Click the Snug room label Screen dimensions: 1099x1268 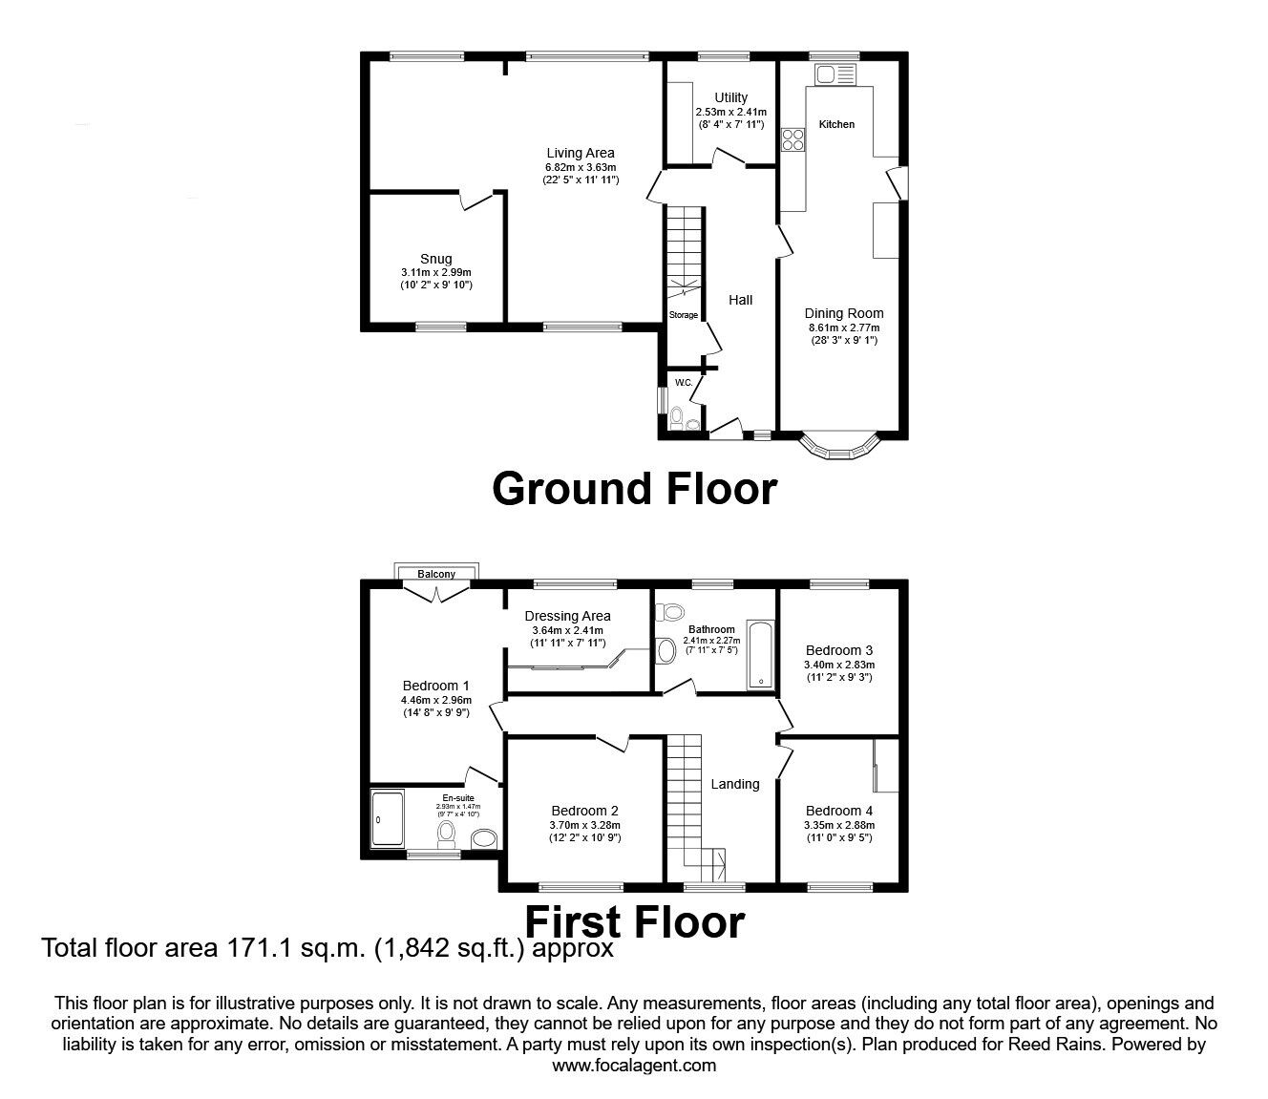[435, 259]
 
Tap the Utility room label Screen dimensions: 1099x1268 [730, 97]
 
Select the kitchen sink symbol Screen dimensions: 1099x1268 [824, 74]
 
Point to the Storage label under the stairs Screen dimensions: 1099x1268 [683, 315]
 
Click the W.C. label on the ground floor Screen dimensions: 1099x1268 [683, 383]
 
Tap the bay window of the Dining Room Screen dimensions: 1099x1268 [838, 448]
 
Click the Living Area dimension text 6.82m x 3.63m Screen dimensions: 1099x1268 [580, 167]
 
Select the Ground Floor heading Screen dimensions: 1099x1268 [634, 489]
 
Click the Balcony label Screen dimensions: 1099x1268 [436, 575]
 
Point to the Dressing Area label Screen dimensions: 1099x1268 [567, 616]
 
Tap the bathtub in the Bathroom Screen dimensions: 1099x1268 [761, 655]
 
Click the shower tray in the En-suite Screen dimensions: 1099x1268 [387, 819]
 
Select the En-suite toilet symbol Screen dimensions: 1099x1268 [445, 835]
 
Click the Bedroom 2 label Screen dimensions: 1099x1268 [584, 811]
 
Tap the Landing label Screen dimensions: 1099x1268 [735, 784]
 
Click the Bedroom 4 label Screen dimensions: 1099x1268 [839, 811]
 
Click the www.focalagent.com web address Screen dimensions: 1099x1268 [634, 1066]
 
